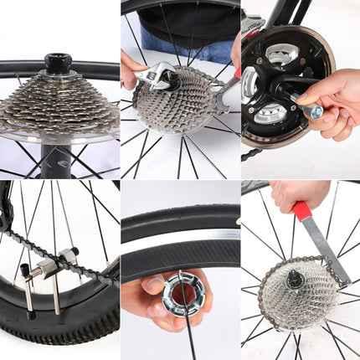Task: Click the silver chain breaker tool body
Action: tap(42, 276)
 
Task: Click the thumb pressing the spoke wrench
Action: tap(154, 288)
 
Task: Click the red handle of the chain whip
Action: tap(302, 209)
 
